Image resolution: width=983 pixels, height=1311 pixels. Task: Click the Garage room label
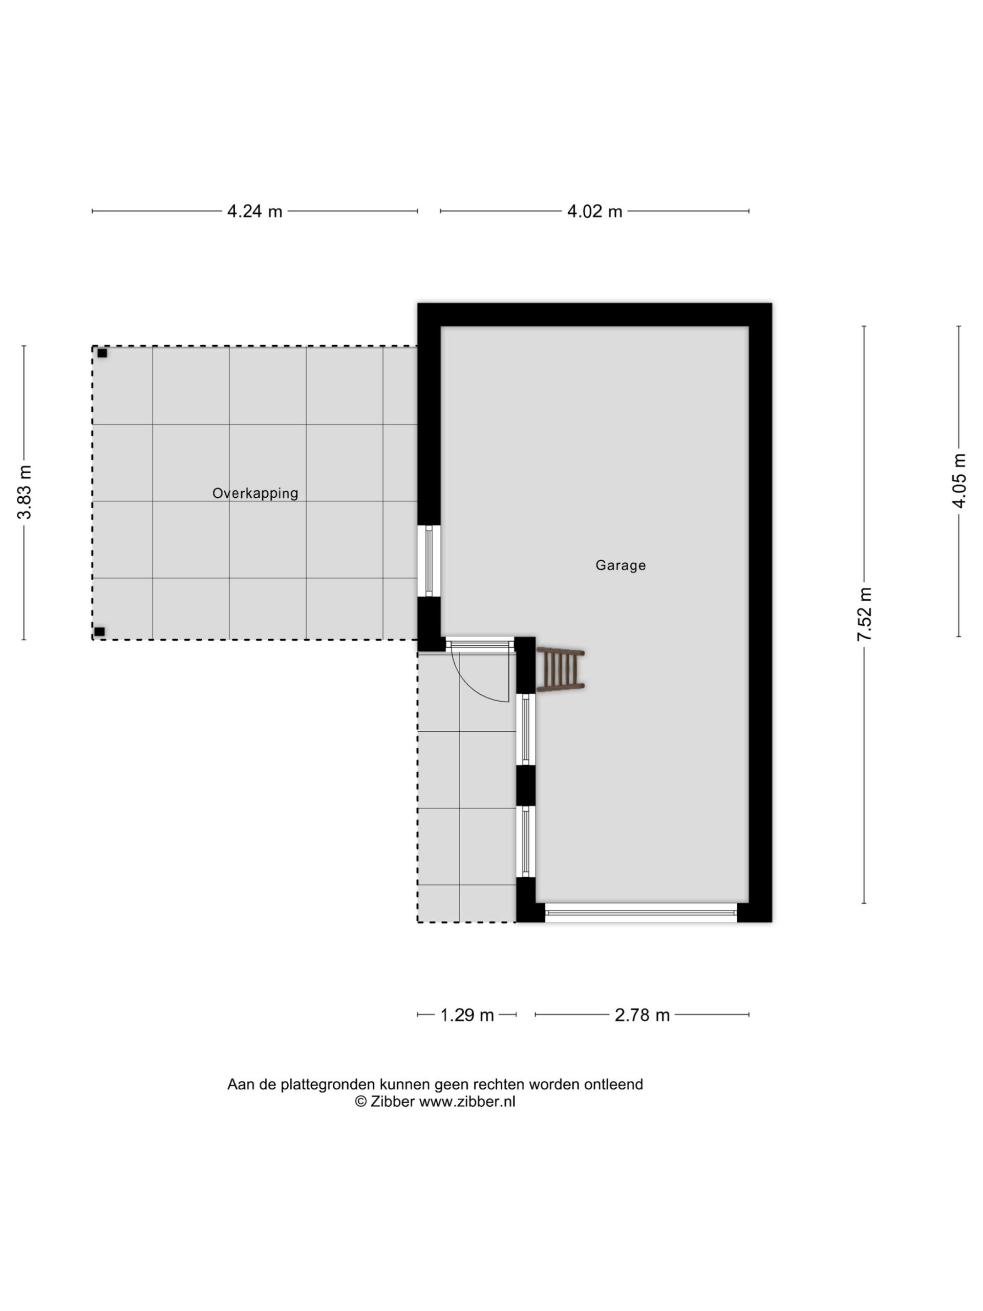[621, 565]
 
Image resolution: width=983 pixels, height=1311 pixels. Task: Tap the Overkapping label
[255, 493]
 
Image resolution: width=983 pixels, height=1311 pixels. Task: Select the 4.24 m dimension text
[255, 211]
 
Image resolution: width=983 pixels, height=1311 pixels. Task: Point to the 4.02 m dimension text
[595, 211]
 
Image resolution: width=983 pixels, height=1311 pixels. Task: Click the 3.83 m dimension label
[24, 493]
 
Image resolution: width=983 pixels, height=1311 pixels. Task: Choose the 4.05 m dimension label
[959, 481]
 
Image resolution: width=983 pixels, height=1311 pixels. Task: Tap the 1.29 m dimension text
[467, 1015]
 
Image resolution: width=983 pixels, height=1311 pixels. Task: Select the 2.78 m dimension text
[643, 1015]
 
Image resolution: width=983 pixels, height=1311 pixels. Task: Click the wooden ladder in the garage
[561, 670]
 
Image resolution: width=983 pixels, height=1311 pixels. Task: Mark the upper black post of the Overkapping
[102, 353]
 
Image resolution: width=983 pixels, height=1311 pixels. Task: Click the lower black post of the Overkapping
[99, 632]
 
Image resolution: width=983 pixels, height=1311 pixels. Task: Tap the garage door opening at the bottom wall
[640, 913]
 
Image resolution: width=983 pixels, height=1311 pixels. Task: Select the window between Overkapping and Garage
[429, 561]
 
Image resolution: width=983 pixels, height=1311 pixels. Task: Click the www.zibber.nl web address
[467, 1102]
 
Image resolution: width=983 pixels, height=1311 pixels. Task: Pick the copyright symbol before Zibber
[361, 1102]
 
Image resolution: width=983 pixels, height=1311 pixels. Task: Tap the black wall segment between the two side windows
[526, 786]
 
